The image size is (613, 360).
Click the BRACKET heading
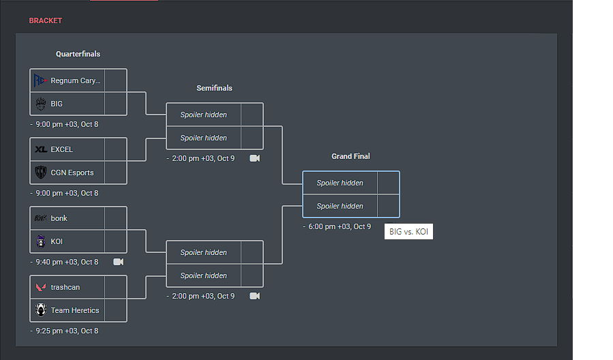click(45, 20)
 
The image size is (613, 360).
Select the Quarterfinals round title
click(78, 54)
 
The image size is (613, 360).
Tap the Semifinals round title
click(214, 88)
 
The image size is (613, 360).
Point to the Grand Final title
click(350, 156)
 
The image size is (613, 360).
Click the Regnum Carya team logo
click(41, 80)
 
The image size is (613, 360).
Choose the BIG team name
click(57, 104)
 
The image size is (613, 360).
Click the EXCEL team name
click(61, 149)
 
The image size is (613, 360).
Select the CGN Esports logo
click(41, 172)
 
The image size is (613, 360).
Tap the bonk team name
click(59, 218)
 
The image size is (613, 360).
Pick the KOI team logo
click(41, 241)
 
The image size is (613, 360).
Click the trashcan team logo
click(41, 287)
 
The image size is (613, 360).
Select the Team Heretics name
click(75, 310)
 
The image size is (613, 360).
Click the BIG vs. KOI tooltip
click(409, 232)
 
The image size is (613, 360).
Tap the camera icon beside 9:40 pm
click(118, 262)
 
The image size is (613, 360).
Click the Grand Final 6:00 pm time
click(340, 226)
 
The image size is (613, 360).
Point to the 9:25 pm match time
click(67, 331)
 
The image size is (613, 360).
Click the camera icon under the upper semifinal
click(254, 158)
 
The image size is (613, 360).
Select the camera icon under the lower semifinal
click(254, 296)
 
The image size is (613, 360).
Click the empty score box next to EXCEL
click(116, 149)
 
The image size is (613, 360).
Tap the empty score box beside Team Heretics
click(116, 310)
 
